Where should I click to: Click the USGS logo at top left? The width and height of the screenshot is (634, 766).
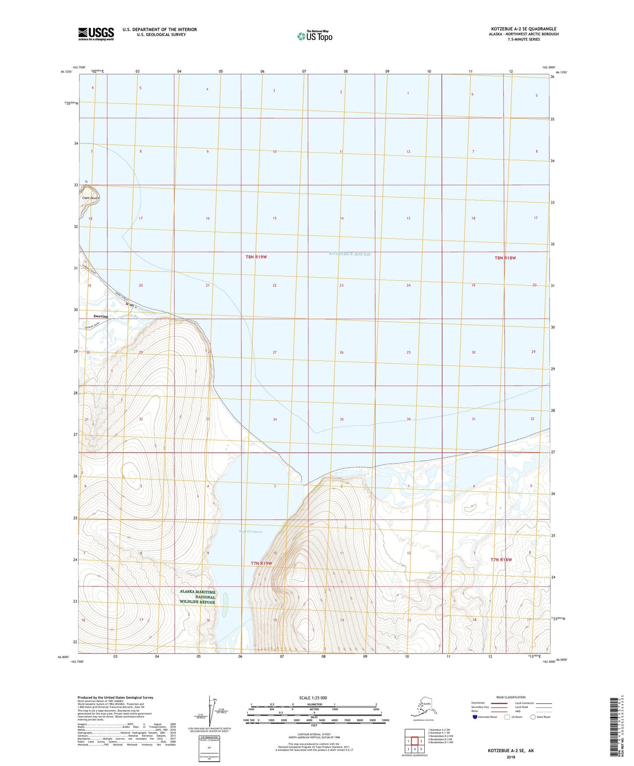[96, 34]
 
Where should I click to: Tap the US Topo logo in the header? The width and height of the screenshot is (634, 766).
[315, 36]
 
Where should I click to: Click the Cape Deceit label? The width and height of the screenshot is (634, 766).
[91, 198]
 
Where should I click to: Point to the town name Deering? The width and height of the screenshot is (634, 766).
[100, 316]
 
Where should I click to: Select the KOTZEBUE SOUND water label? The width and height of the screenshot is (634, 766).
[350, 254]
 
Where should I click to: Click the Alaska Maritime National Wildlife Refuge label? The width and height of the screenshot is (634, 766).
[197, 597]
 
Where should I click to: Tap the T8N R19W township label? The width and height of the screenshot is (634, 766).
[256, 257]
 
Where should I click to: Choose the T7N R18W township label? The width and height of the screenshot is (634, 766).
[501, 560]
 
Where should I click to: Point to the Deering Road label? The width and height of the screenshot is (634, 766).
[92, 326]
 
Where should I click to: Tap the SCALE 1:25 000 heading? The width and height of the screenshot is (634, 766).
[313, 698]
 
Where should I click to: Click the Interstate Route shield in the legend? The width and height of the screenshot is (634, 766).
[475, 717]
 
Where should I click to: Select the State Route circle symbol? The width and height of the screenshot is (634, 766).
[533, 717]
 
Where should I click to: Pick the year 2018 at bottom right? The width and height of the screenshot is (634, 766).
[511, 757]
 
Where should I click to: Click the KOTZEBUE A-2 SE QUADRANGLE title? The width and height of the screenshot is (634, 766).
[523, 29]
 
